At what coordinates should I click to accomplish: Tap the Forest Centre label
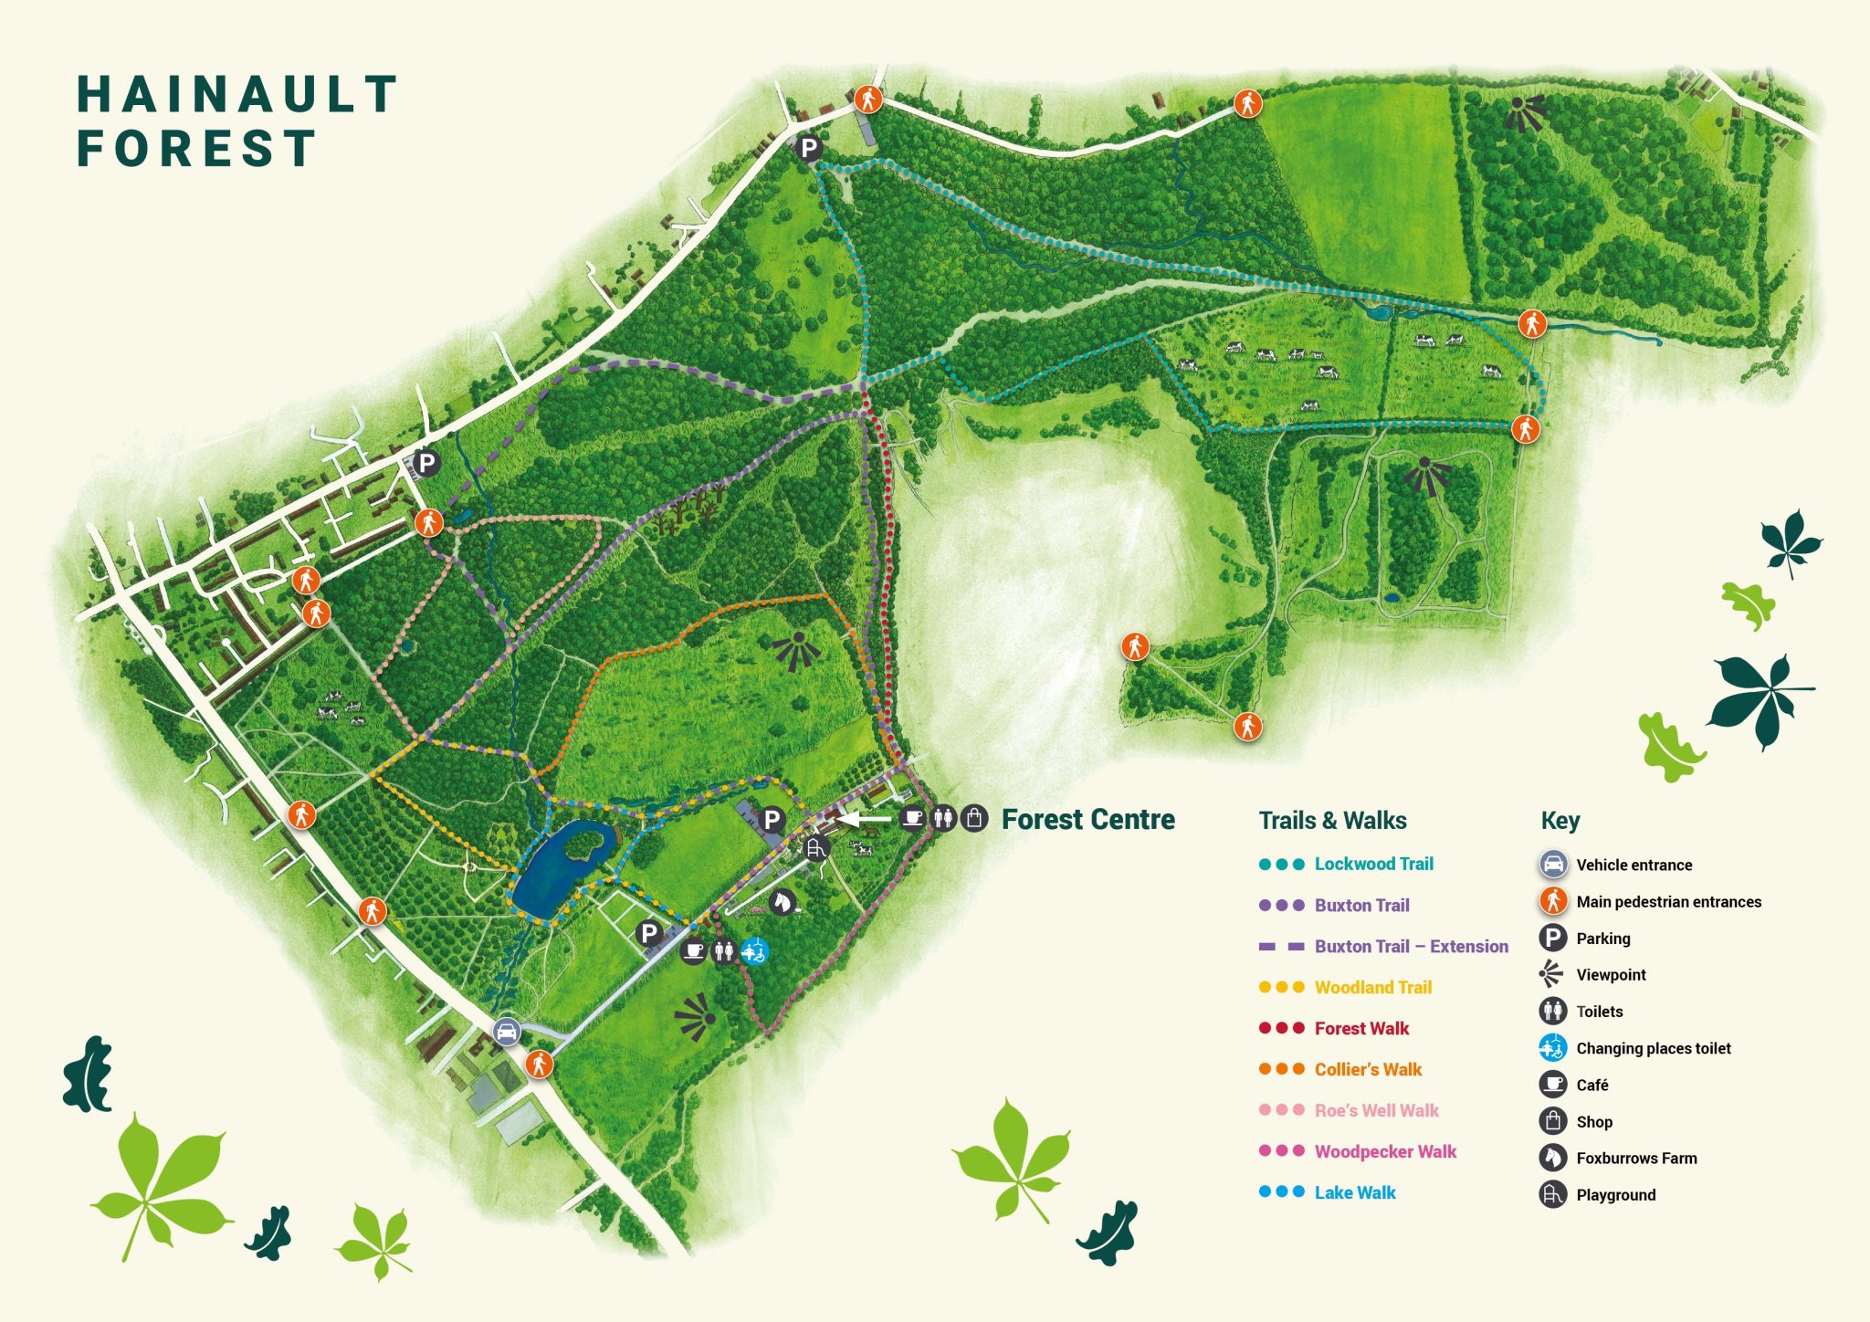[1087, 819]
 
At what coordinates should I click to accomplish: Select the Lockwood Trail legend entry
[1373, 864]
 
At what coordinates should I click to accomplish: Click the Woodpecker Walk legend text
[1384, 1151]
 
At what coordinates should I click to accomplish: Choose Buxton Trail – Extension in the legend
[1410, 946]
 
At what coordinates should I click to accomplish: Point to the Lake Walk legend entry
[1354, 1192]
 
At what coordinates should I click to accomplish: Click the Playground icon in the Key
[1552, 1194]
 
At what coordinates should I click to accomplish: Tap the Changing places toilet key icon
[1552, 1047]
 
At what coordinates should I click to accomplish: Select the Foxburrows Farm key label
[1635, 1158]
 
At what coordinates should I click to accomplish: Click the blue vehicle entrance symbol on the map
[507, 1032]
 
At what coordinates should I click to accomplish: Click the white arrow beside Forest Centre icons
[863, 819]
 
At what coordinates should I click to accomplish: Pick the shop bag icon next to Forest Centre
[974, 817]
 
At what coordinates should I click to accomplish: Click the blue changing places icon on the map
[754, 951]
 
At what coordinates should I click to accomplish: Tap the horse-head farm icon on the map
[783, 902]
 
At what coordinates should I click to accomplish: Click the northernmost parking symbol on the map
[808, 147]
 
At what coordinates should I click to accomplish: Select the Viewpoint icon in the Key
[1551, 974]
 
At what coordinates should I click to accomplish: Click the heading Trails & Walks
[1332, 820]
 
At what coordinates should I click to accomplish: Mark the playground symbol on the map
[815, 848]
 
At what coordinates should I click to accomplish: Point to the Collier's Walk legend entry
[1367, 1069]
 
